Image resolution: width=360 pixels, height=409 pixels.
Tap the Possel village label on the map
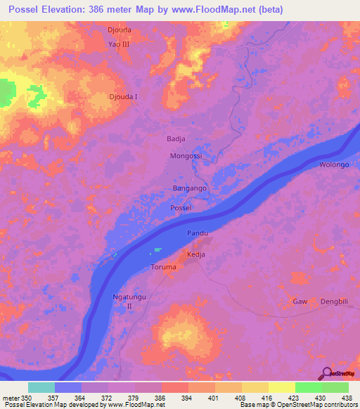coord(181,209)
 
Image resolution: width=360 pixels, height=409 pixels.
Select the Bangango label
coord(188,189)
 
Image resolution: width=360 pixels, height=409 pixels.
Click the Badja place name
coord(175,138)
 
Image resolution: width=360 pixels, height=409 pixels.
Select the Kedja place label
coord(195,254)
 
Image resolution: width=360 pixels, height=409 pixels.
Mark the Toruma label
coord(165,268)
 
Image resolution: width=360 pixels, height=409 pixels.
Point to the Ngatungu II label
coord(129,301)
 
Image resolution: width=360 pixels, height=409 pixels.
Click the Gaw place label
coord(300,301)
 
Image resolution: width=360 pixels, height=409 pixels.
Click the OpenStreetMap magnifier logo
coord(326,372)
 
